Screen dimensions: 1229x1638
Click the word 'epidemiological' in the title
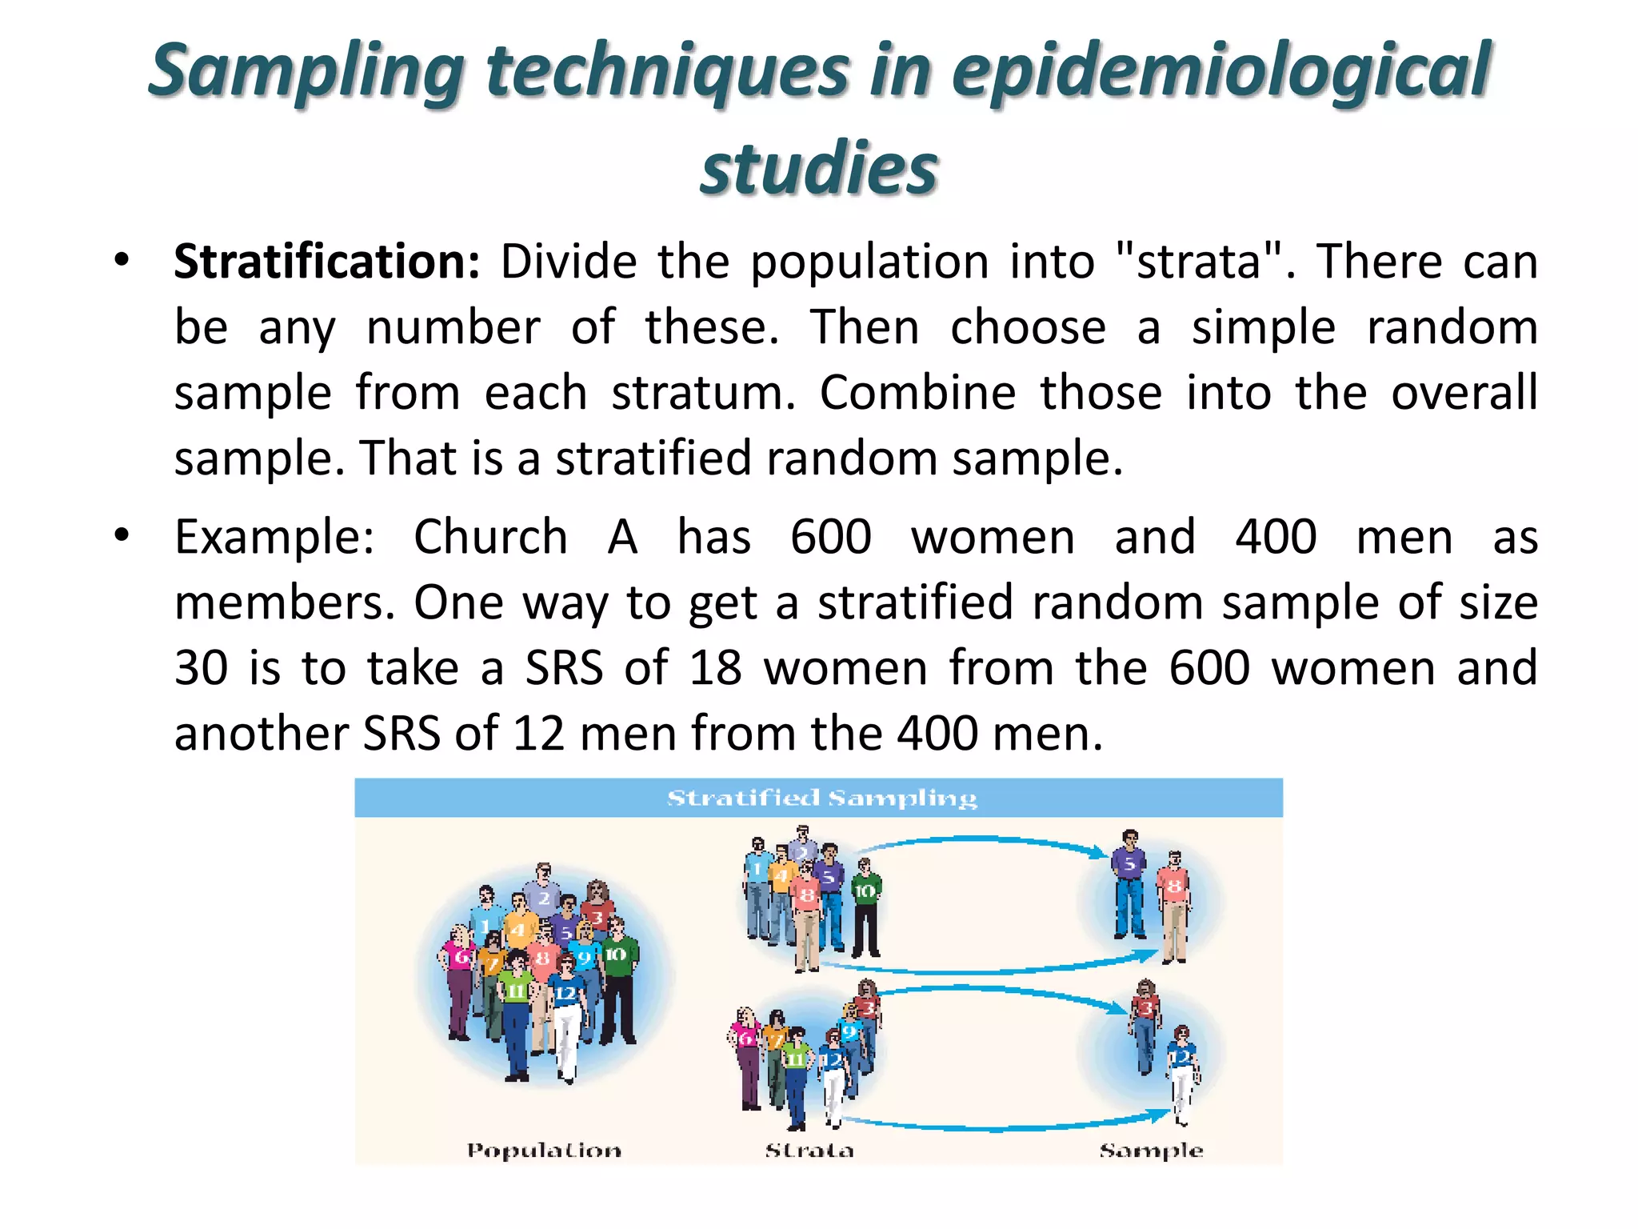pyautogui.click(x=1220, y=72)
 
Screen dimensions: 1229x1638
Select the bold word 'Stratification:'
pyautogui.click(x=326, y=262)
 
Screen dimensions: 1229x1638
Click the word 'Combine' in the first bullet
pyautogui.click(x=917, y=393)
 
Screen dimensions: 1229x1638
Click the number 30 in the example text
pyautogui.click(x=202, y=667)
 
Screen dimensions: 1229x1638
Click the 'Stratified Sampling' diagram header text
pyautogui.click(x=821, y=799)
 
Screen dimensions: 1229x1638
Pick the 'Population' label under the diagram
pyautogui.click(x=544, y=1151)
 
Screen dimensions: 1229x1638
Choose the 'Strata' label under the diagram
pyautogui.click(x=809, y=1151)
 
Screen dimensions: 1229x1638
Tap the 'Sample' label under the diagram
pyautogui.click(x=1151, y=1151)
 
